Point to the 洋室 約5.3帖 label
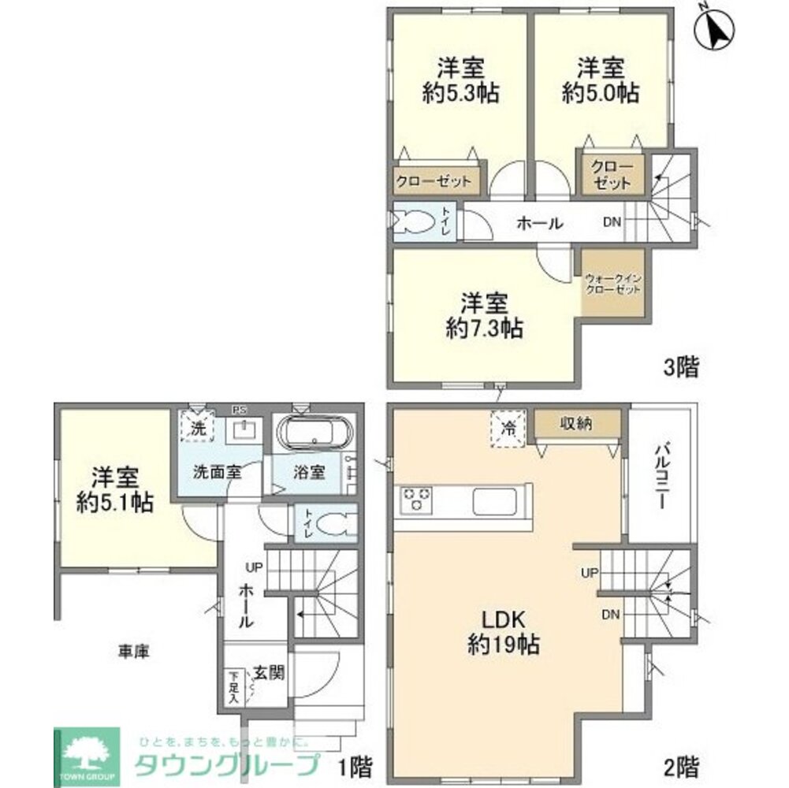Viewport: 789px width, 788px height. (x=460, y=80)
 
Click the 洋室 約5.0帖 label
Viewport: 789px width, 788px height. (x=601, y=80)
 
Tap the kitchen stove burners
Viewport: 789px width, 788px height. (x=418, y=500)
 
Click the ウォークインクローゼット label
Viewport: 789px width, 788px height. (x=612, y=284)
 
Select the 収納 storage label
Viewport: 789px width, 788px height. (x=577, y=424)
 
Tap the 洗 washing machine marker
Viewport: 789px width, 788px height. (x=196, y=426)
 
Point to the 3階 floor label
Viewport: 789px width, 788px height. (x=681, y=367)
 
